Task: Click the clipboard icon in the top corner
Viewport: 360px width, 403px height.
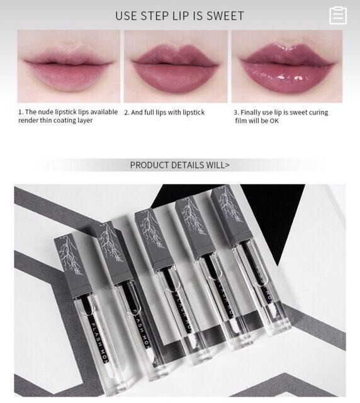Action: point(338,15)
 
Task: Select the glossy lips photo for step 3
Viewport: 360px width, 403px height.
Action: point(287,66)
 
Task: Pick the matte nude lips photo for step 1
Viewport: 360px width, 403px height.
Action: point(69,66)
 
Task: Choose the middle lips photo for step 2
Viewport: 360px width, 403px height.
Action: point(176,66)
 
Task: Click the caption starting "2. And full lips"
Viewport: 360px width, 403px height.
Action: point(164,113)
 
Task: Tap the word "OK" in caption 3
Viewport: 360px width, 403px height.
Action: point(274,121)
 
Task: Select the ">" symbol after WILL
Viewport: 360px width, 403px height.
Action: point(227,165)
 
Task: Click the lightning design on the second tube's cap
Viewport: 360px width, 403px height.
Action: point(111,244)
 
